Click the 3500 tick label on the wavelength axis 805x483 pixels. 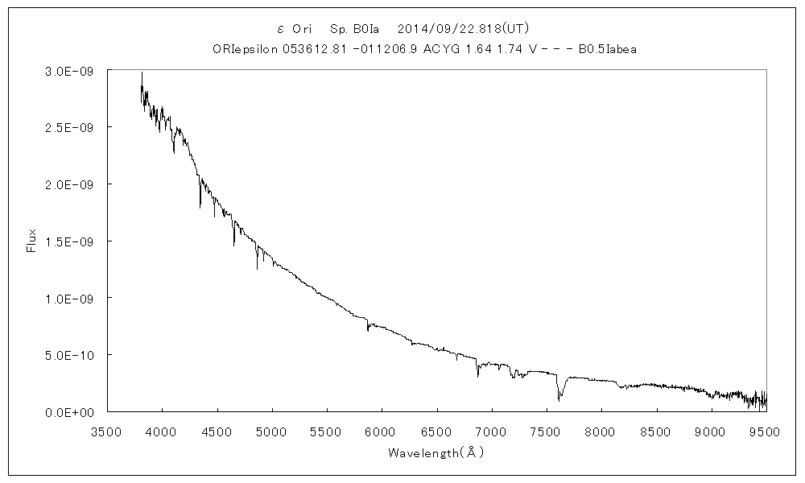(x=107, y=431)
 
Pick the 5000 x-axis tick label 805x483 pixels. (x=272, y=431)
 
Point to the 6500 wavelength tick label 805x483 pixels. (x=437, y=431)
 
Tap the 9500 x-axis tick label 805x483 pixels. (x=766, y=431)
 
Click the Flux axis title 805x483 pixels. (x=32, y=241)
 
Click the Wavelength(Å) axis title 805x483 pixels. (x=436, y=452)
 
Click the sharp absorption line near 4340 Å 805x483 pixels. (x=200, y=206)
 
